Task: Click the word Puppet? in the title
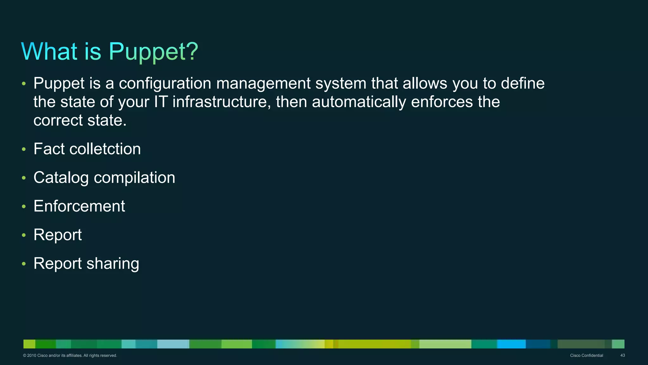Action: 153,52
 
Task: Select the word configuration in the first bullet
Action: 165,84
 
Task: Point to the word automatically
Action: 359,102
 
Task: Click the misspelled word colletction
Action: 105,149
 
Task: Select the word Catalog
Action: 61,177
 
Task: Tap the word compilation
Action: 134,177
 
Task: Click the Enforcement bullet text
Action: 79,206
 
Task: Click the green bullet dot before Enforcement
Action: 24,207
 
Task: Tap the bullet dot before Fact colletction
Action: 24,149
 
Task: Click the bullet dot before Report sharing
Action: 24,264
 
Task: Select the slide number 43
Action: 622,355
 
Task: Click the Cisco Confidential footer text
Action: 586,355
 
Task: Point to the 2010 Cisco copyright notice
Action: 70,355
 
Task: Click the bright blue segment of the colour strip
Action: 511,344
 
